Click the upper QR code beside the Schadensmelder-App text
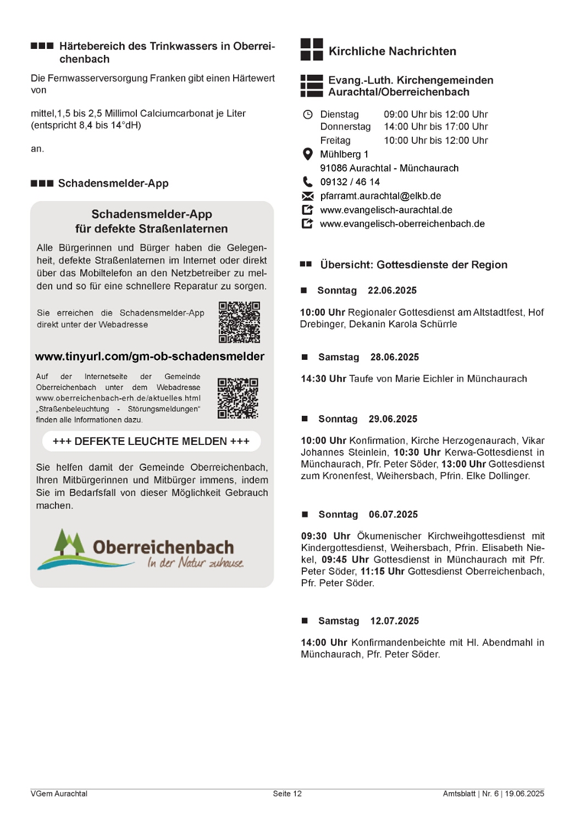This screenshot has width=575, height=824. [x=239, y=322]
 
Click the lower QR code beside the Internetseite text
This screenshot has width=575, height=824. [x=237, y=398]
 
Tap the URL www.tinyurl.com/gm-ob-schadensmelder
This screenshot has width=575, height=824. [x=150, y=357]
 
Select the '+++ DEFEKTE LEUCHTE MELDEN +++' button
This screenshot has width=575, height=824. [x=151, y=441]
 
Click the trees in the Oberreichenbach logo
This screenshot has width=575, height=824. [x=69, y=542]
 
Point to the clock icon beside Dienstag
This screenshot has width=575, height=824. [x=308, y=114]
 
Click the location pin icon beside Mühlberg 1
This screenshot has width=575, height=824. [x=308, y=154]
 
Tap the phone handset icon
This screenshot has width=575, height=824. [x=307, y=182]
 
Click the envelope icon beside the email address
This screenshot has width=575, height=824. [x=308, y=196]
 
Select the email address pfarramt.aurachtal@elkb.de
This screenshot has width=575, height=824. [x=380, y=196]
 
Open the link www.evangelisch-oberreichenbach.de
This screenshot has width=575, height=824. [x=402, y=224]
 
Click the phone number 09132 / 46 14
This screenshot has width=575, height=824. [x=350, y=182]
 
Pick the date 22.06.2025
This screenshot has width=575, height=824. [x=392, y=291]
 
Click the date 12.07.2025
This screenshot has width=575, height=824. [x=394, y=621]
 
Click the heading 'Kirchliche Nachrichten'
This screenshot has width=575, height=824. [x=392, y=51]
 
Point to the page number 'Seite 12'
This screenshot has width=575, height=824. [x=287, y=794]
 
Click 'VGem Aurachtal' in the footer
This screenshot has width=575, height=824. [x=59, y=794]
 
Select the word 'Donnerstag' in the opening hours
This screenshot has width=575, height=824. [x=345, y=126]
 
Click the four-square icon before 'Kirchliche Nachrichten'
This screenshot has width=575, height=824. [x=312, y=49]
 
